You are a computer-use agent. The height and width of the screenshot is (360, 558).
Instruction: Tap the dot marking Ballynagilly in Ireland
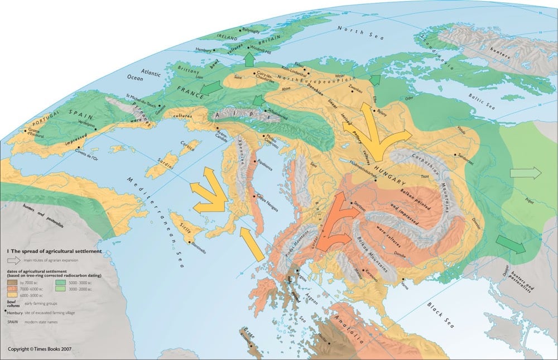tap(240, 30)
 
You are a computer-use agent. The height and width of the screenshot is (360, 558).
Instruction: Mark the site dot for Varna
tap(402, 280)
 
